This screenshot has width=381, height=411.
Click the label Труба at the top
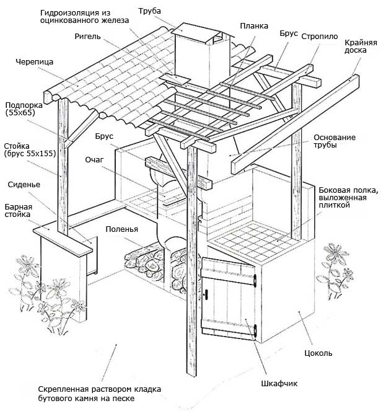[150, 11]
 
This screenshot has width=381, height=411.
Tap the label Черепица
[34, 62]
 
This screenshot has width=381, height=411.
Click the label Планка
[254, 26]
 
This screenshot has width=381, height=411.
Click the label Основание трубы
[335, 141]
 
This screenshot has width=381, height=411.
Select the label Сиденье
[24, 185]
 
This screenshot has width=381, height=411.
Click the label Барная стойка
[19, 211]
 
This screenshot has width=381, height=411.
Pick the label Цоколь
[319, 353]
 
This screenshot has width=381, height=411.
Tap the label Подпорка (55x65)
[20, 110]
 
